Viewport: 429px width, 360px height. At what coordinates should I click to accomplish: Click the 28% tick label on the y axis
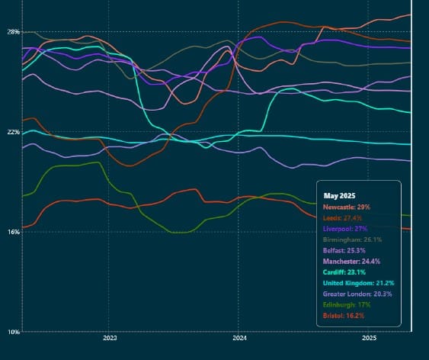[14, 31]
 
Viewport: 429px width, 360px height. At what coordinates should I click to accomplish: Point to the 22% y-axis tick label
[14, 131]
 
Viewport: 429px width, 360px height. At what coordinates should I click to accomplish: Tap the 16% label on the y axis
[14, 231]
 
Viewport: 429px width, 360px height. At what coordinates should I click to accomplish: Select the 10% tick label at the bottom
[14, 332]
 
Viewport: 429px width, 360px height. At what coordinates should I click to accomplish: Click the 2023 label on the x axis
[109, 338]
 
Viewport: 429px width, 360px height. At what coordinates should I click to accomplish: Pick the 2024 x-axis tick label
[239, 338]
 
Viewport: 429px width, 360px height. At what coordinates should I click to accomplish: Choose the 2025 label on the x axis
[369, 338]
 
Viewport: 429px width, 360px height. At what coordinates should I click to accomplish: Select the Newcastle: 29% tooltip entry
[347, 207]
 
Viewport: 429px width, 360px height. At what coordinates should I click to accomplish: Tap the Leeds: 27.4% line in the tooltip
[344, 217]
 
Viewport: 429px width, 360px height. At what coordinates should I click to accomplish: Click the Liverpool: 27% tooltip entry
[345, 228]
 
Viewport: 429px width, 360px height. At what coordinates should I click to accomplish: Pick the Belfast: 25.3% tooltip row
[344, 249]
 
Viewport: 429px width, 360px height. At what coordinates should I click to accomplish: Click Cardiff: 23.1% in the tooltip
[344, 271]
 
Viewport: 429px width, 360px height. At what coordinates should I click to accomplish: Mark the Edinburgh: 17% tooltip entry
[346, 304]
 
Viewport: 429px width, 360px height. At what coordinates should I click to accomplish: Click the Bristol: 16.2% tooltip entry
[344, 314]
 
